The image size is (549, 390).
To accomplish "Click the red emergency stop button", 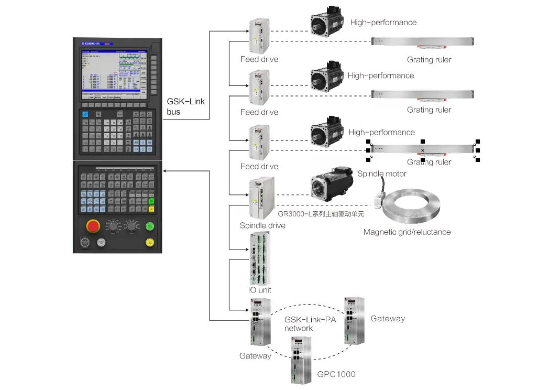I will [93, 226].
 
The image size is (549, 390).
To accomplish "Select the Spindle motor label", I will [381, 174].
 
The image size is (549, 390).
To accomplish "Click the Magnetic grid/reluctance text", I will [407, 232].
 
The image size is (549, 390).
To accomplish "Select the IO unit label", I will [259, 290].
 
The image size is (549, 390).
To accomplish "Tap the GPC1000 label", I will [336, 374].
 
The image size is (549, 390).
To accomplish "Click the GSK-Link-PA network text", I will [310, 324].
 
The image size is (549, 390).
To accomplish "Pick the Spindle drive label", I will [262, 225].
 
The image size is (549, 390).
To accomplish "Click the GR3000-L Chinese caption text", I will [321, 214].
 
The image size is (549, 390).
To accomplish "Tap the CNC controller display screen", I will [112, 73].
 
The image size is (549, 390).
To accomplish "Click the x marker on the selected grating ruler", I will [423, 150].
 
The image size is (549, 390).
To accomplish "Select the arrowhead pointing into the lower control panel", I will [164, 170].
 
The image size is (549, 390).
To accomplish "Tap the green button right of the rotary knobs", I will [150, 226].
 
